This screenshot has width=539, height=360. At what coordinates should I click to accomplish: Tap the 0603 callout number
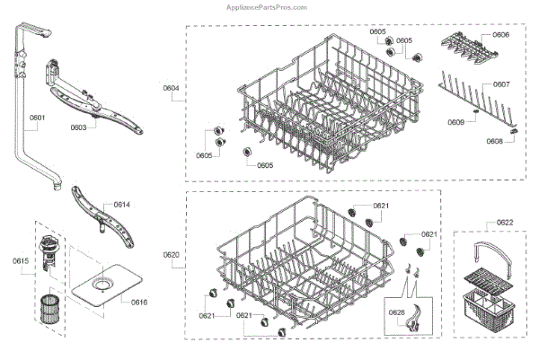tap(78, 127)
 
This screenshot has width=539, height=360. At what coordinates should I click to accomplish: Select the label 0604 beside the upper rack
tap(171, 86)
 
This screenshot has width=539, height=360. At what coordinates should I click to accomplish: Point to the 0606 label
tap(500, 34)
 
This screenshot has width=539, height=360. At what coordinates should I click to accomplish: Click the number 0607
tap(501, 84)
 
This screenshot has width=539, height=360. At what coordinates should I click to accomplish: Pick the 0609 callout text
tap(457, 122)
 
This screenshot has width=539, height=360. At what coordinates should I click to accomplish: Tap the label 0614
tap(122, 205)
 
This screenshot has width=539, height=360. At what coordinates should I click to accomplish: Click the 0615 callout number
tap(21, 261)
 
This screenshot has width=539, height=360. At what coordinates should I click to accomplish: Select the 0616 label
tap(138, 302)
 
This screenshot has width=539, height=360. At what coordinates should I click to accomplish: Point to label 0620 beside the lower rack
tap(171, 256)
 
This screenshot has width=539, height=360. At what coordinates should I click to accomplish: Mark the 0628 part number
tap(397, 312)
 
